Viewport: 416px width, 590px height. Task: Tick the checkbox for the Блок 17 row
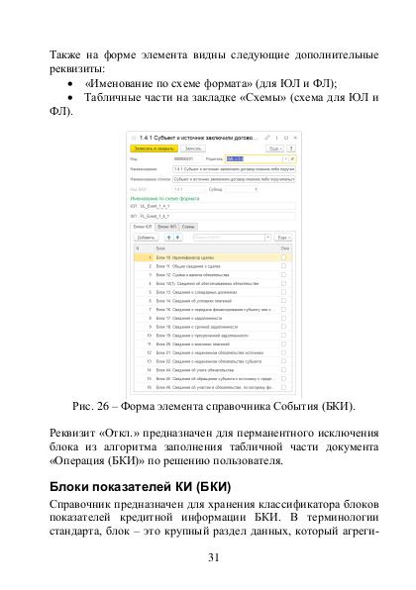[283, 318]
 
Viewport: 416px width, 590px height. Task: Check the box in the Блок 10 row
[283, 258]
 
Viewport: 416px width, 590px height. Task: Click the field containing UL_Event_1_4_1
[218, 206]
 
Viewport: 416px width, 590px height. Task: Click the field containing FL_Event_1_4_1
[218, 215]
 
